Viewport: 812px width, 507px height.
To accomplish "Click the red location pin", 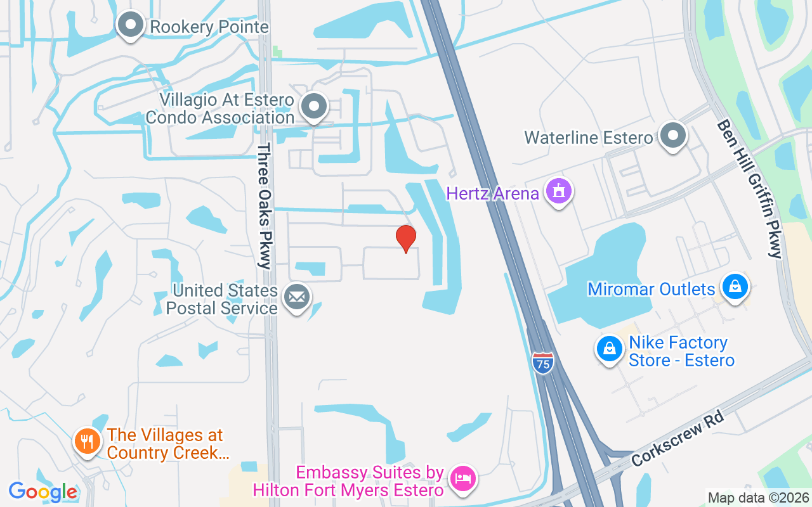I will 406,238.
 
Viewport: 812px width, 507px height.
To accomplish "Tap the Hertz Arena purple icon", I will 558,191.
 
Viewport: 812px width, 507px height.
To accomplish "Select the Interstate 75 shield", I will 543,363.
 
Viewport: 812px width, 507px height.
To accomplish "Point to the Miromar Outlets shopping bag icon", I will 735,287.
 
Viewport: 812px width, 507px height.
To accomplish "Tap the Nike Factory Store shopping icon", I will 610,349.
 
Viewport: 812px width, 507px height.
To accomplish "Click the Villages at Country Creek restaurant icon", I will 87,441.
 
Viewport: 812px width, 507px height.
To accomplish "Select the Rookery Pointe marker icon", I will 131,25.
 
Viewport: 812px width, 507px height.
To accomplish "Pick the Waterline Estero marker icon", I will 673,136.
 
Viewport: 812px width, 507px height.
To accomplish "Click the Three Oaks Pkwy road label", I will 264,206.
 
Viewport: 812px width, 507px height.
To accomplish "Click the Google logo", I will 43,492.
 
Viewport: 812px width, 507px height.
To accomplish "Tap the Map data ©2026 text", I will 759,497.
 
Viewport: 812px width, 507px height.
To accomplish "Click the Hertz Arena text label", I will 492,193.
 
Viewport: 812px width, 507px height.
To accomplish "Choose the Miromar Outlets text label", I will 652,290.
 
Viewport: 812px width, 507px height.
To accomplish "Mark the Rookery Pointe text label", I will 209,27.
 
